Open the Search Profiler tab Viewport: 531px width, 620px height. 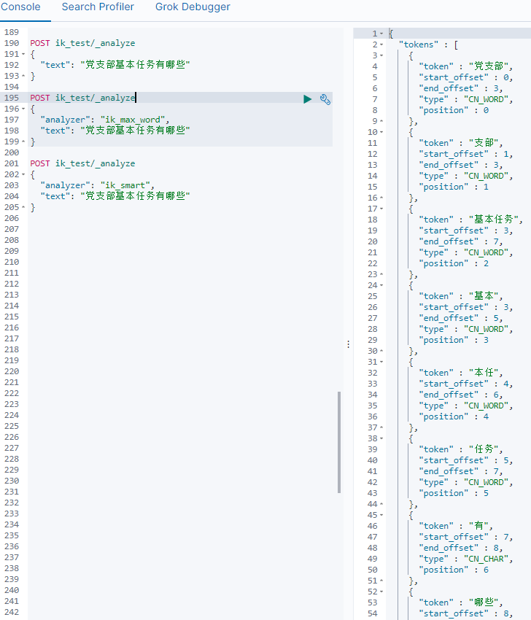(x=98, y=7)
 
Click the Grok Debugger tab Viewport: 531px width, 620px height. (x=193, y=7)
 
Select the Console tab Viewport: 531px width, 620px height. (x=20, y=7)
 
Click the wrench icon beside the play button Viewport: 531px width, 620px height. (x=325, y=99)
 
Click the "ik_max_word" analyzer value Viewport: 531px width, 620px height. (x=134, y=120)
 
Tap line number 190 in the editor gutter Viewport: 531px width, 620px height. (x=12, y=44)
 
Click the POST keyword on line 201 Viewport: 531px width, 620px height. (x=40, y=163)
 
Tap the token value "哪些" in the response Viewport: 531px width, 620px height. (x=486, y=602)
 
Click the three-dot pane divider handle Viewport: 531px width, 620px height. (x=348, y=344)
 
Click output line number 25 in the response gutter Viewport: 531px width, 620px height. (x=372, y=296)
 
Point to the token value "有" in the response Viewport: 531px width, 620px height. (x=479, y=526)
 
